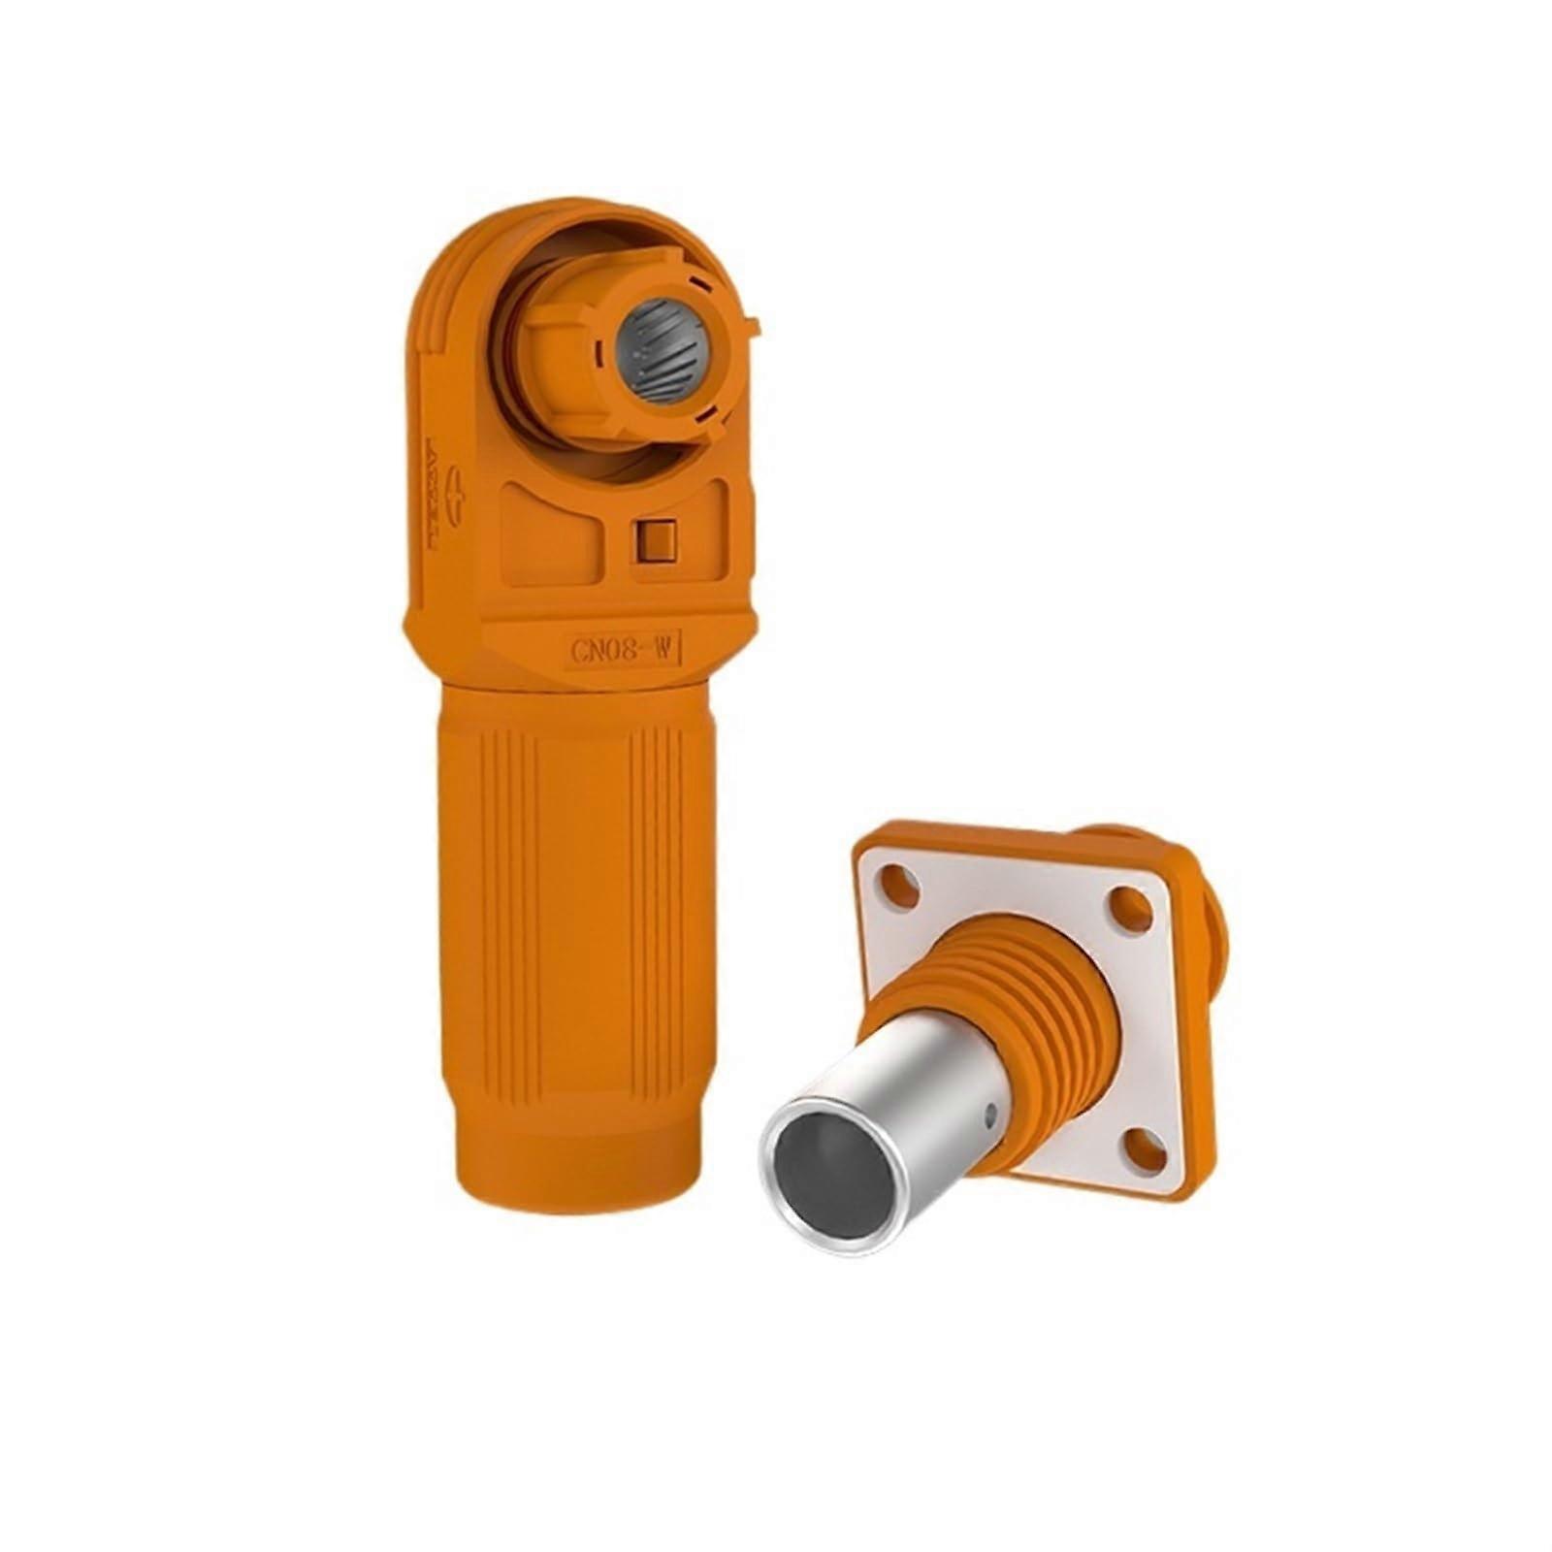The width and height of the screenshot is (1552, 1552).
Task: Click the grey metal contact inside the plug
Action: pyautogui.click(x=660, y=350)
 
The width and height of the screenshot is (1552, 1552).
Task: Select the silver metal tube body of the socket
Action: pyautogui.click(x=902, y=1125)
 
